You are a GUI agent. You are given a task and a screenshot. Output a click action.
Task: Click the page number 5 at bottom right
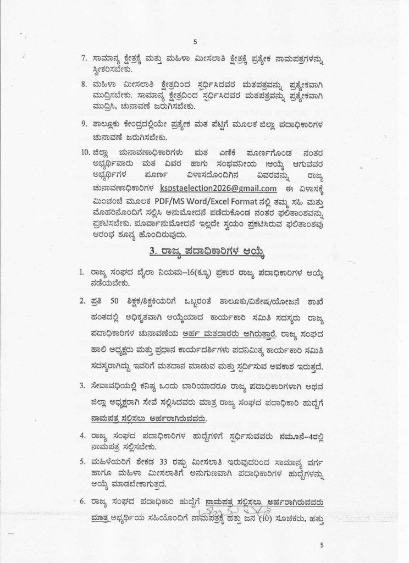[323, 544]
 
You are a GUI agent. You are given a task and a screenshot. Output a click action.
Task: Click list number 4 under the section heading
[81, 435]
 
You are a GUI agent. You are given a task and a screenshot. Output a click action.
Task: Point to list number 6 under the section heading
[81, 501]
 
